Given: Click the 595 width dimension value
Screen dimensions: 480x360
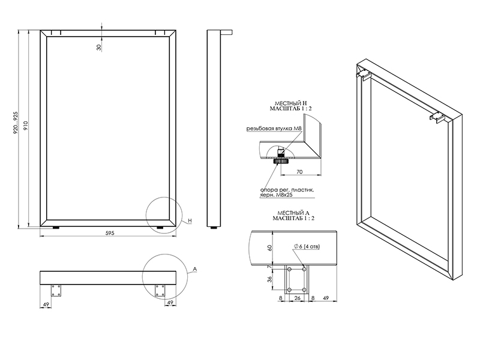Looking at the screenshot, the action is pyautogui.click(x=110, y=233).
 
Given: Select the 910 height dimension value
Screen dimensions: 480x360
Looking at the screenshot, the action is pyautogui.click(x=26, y=125).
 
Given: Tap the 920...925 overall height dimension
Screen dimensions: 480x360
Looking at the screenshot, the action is pyautogui.click(x=16, y=122).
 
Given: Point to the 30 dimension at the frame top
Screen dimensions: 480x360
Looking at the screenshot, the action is pyautogui.click(x=99, y=47).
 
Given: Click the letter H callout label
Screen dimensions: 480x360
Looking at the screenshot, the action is pyautogui.click(x=190, y=221).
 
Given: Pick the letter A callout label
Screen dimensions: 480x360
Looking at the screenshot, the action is pyautogui.click(x=195, y=269).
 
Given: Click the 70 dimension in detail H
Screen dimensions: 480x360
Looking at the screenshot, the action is pyautogui.click(x=299, y=172).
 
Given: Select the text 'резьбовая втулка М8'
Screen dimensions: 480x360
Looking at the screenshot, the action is pyautogui.click(x=274, y=129).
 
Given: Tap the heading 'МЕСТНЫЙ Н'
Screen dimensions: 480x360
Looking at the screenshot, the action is pyautogui.click(x=290, y=103).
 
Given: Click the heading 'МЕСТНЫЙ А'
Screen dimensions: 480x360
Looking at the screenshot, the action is pyautogui.click(x=293, y=213).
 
